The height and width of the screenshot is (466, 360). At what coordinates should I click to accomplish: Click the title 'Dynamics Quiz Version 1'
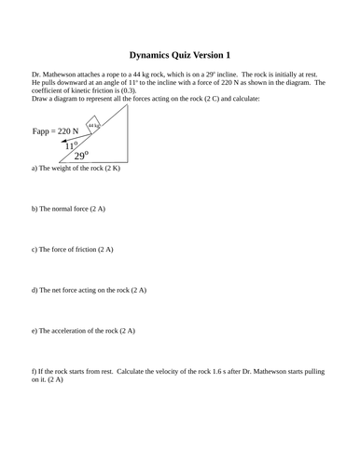click(179, 55)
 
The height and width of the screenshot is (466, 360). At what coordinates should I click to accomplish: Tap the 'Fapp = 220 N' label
click(55, 132)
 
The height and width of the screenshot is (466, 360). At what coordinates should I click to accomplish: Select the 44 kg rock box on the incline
click(93, 123)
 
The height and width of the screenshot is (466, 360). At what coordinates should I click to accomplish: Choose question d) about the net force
click(89, 291)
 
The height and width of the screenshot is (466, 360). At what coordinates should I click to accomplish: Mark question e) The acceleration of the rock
click(84, 331)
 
